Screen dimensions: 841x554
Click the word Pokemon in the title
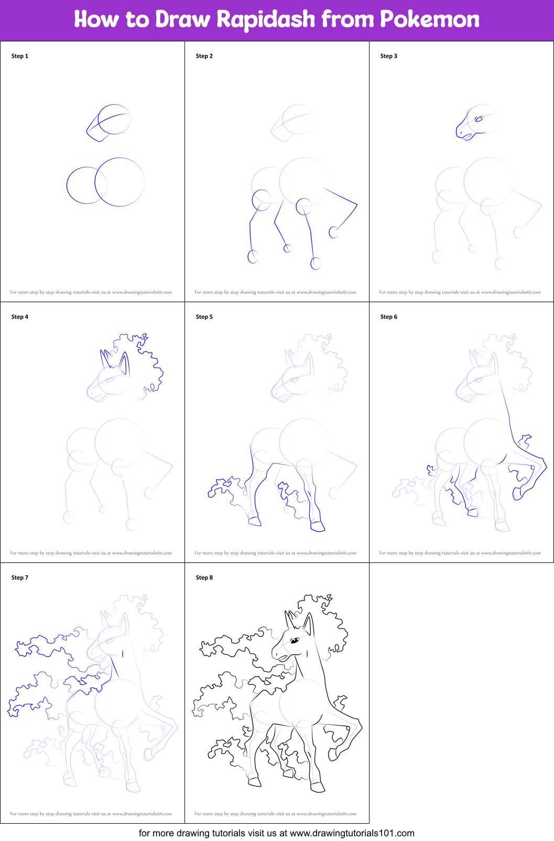tap(429, 20)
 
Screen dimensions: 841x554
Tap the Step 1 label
tap(20, 56)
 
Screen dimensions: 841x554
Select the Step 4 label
tap(20, 317)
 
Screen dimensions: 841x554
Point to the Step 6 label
tap(389, 317)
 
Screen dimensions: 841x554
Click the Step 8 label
tap(204, 578)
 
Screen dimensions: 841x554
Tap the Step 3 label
tap(389, 56)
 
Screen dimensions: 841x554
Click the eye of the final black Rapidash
tap(295, 640)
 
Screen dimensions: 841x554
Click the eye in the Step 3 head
tap(479, 119)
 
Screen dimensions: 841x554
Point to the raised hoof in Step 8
tap(334, 755)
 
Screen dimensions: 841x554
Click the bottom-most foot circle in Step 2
tap(316, 263)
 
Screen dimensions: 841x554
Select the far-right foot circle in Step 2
tap(333, 232)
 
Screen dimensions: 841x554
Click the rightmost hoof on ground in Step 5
tap(318, 526)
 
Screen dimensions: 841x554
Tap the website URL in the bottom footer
tap(352, 833)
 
